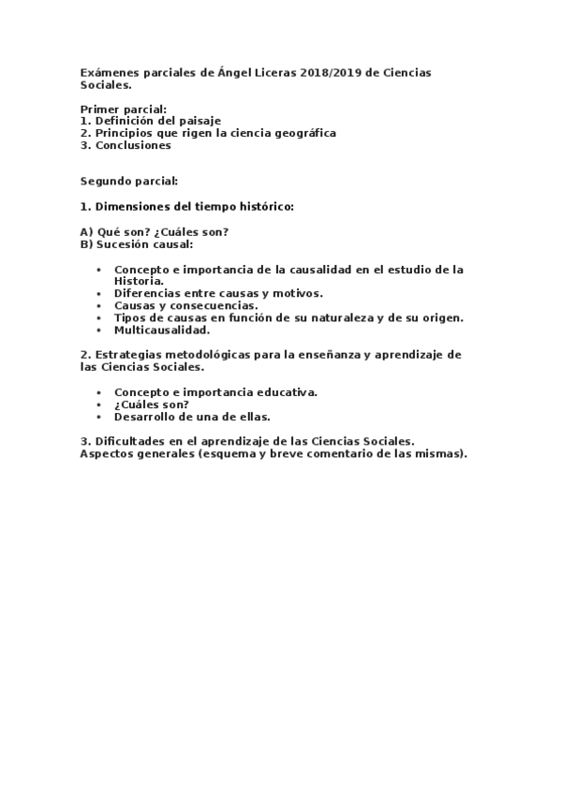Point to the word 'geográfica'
(x=305, y=133)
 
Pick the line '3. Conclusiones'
(x=125, y=145)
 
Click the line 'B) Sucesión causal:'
(x=137, y=243)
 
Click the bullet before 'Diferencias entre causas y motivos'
(x=99, y=293)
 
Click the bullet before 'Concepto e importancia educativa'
(x=99, y=391)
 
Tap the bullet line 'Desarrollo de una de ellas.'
(x=192, y=416)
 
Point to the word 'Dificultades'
(x=129, y=441)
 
